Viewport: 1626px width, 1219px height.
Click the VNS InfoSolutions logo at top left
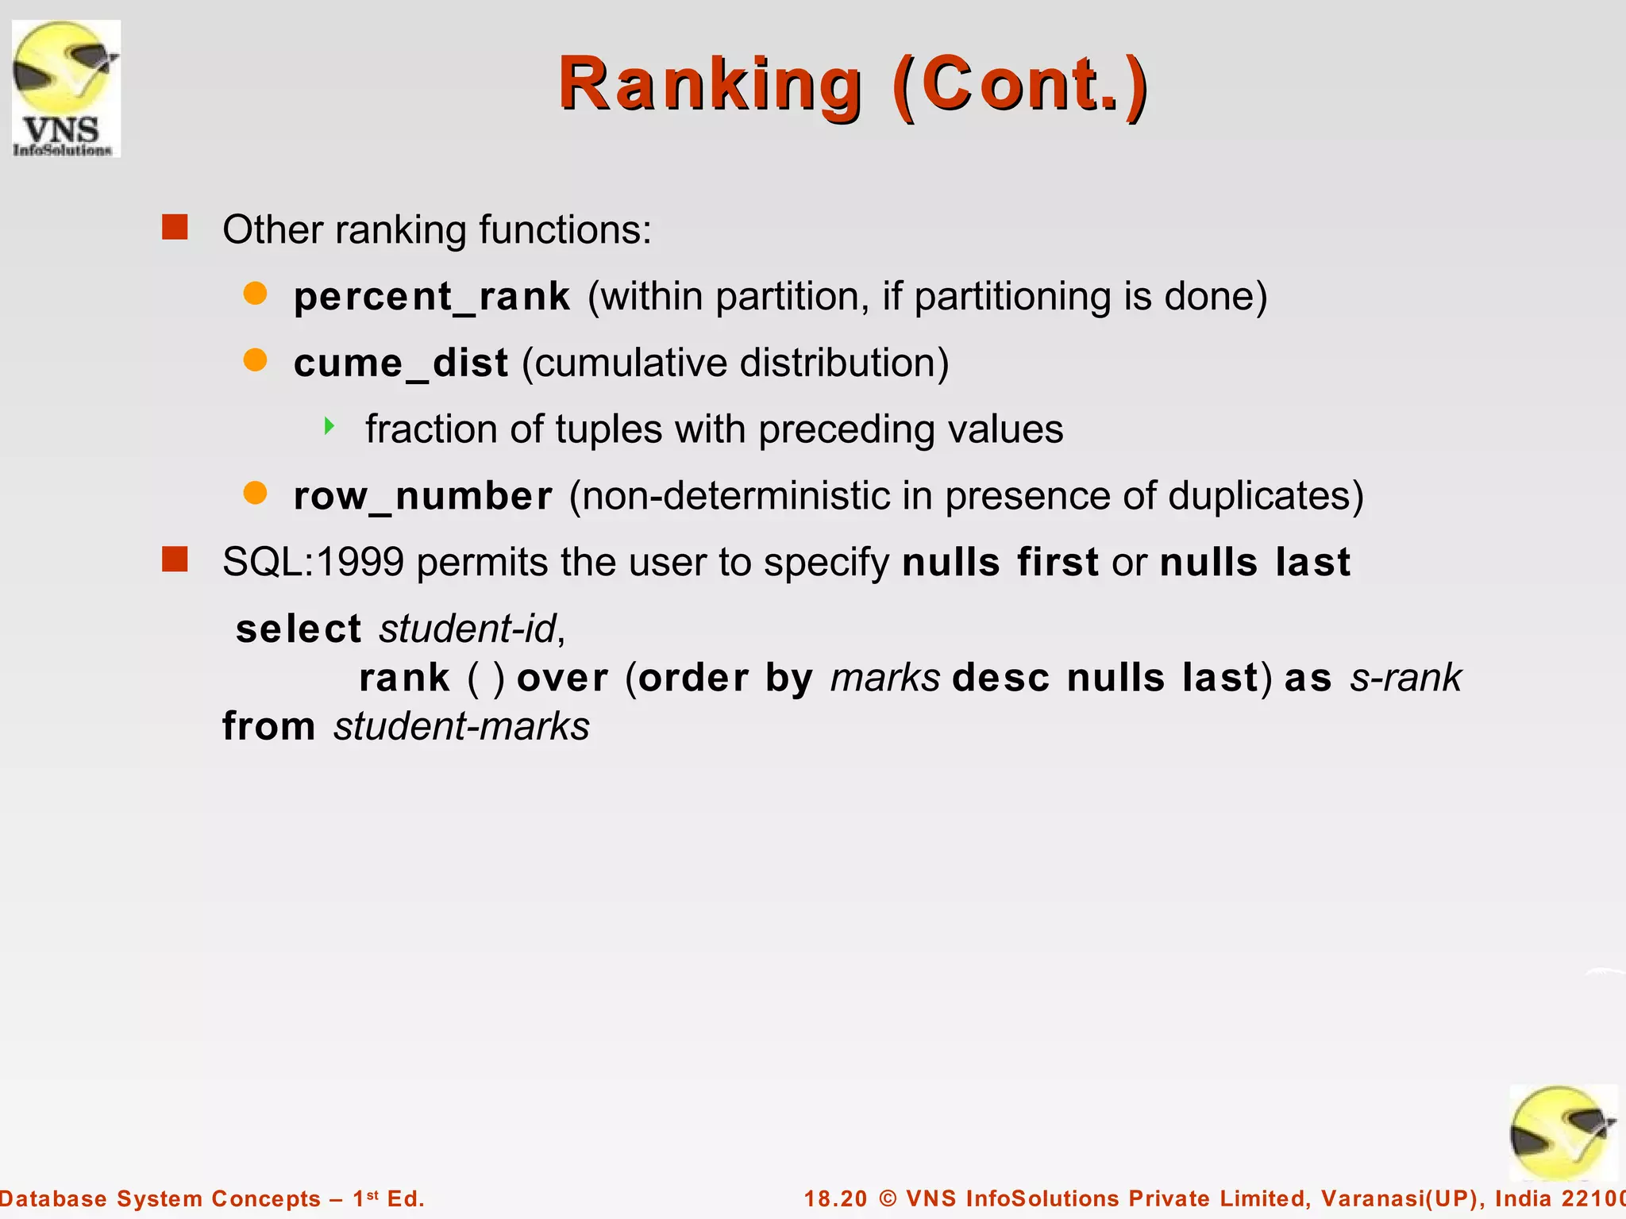coord(66,88)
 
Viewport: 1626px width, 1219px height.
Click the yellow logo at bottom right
coord(1562,1133)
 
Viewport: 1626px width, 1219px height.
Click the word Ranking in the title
coord(710,85)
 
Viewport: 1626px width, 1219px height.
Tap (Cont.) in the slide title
coord(1020,85)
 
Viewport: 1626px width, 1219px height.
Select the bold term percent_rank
coord(431,297)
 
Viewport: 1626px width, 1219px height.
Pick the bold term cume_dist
coord(400,363)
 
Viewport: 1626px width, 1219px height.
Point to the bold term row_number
coord(422,497)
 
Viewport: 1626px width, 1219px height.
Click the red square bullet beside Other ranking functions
coord(175,227)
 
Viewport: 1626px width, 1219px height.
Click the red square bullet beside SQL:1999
coord(175,560)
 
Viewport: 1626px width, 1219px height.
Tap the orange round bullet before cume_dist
coord(255,360)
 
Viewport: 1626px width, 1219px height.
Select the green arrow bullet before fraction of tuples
coord(329,427)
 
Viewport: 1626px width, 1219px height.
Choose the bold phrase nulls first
coord(1000,563)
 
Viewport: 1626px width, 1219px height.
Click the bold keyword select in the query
coord(299,629)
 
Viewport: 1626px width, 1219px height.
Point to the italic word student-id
coord(469,629)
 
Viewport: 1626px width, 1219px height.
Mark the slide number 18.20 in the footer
coord(835,1198)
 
